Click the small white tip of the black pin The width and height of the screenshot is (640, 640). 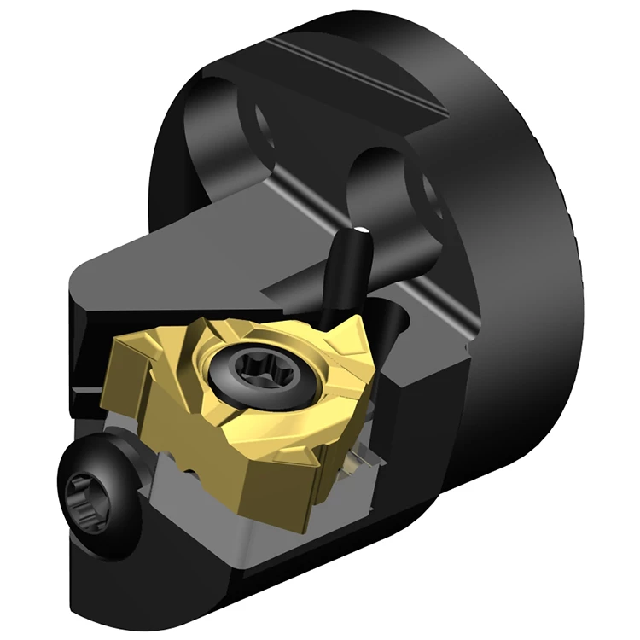coord(363,230)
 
